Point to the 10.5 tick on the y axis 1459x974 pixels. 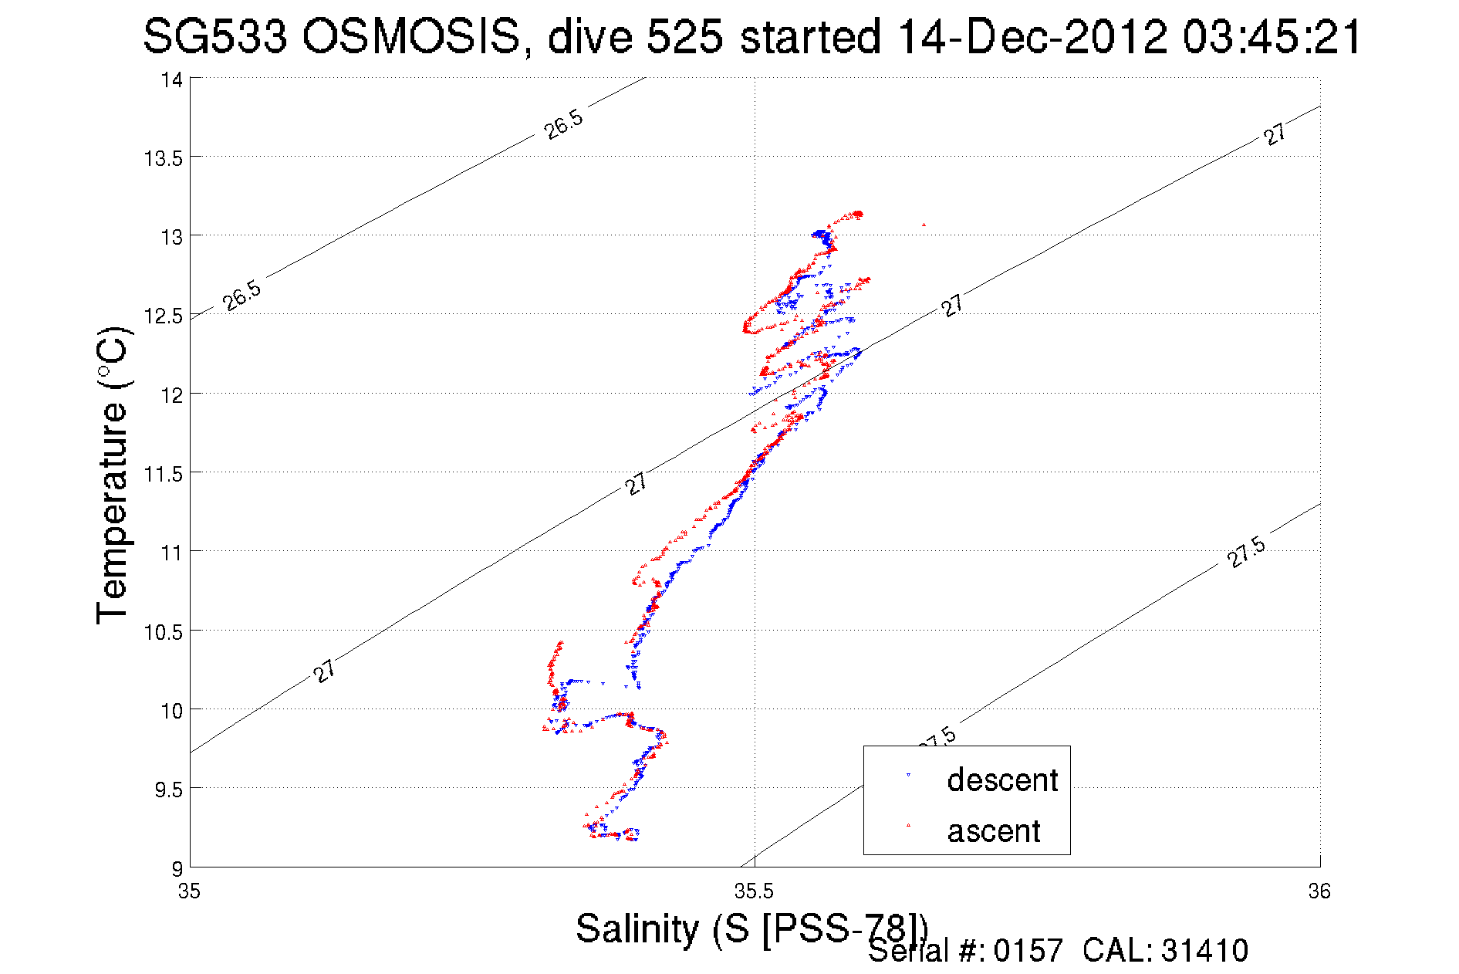163,632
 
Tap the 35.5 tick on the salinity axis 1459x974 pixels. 754,892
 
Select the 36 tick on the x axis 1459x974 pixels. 1319,892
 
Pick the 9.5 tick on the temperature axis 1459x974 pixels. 168,790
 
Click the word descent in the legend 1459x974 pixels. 1002,780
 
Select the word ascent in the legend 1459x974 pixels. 994,831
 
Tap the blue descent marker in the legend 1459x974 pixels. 908,775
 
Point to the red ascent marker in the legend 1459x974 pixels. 908,826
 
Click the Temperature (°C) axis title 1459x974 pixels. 113,476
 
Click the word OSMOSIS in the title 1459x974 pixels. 411,36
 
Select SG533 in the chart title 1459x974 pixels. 214,36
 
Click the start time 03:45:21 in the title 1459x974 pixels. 1272,36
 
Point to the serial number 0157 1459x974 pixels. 1028,951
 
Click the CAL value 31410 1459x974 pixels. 1204,951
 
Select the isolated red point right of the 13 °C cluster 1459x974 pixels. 924,225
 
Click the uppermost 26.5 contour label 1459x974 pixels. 563,125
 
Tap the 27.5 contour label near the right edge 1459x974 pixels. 1246,552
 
